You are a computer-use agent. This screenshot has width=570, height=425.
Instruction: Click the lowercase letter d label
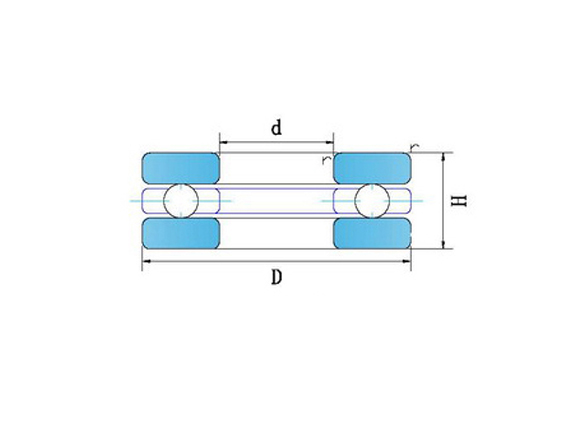click(276, 128)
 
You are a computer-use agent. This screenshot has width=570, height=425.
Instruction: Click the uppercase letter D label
click(275, 279)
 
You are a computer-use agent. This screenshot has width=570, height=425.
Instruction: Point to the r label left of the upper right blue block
click(326, 159)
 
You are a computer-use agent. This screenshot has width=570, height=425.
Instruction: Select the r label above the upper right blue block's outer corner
click(413, 147)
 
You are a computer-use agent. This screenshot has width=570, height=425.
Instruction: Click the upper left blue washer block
click(181, 168)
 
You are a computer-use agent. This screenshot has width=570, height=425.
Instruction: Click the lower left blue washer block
click(181, 233)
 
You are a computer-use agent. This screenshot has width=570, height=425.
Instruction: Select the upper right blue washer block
click(371, 168)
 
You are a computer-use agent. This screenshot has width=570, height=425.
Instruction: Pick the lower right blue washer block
click(371, 233)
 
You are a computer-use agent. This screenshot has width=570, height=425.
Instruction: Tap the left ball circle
click(182, 201)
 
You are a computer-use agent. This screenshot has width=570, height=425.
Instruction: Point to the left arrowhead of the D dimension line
click(146, 261)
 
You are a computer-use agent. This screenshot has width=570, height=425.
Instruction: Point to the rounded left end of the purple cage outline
click(144, 201)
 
